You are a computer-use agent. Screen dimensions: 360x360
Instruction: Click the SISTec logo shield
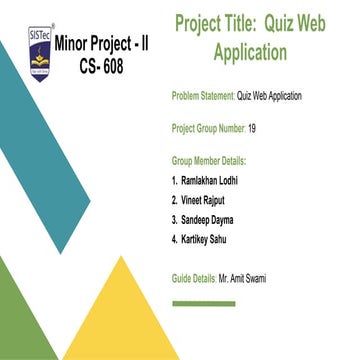(40, 53)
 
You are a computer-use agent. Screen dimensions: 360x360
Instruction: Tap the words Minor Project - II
(104, 46)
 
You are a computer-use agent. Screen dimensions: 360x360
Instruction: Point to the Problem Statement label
(203, 96)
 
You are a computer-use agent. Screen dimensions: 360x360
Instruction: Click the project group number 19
(252, 128)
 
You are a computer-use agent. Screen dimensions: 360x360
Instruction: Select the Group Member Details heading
(209, 160)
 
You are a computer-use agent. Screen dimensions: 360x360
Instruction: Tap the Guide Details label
(194, 278)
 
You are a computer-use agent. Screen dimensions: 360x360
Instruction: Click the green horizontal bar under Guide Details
(203, 304)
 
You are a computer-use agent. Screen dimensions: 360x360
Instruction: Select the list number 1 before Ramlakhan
(175, 181)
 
